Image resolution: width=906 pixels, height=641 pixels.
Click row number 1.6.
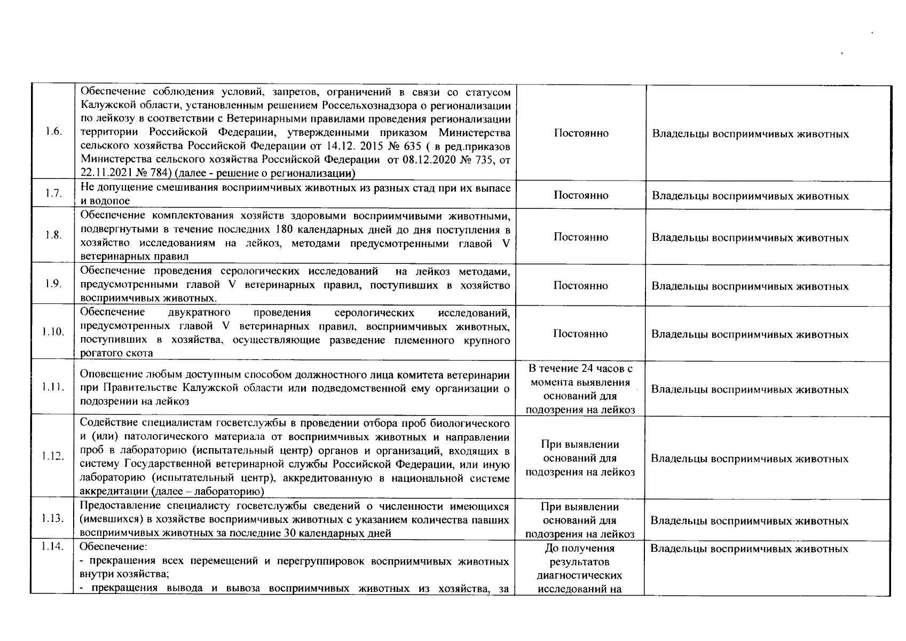53,132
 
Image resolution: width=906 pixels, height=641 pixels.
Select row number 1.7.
53,194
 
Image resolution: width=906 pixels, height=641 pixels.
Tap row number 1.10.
53,332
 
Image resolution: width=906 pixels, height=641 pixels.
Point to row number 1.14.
53,546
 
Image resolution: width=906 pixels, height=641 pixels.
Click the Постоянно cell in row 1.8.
581,237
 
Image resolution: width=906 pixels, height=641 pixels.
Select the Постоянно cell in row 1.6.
581,133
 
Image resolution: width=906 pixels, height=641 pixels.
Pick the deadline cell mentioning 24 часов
581,389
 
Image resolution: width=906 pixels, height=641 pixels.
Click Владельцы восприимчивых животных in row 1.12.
750,459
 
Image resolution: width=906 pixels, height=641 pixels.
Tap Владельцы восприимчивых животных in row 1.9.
750,286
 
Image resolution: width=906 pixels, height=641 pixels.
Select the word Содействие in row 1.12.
105,424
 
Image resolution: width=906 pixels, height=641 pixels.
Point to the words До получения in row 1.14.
580,549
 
